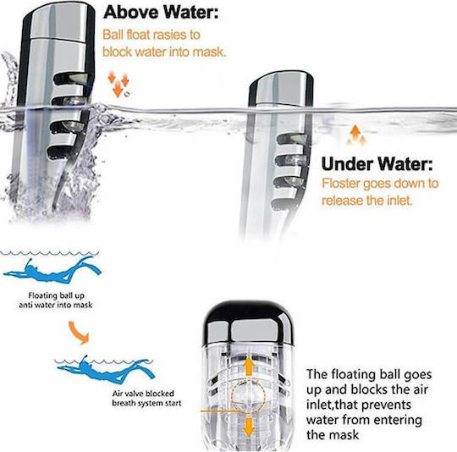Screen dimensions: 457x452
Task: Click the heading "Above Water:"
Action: pyautogui.click(x=161, y=12)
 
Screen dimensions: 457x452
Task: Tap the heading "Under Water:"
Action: pyautogui.click(x=377, y=163)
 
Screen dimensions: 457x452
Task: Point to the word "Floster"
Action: pyautogui.click(x=341, y=184)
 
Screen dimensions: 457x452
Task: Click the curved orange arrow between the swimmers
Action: pyautogui.click(x=78, y=333)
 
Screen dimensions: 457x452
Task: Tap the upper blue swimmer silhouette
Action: pyautogui.click(x=52, y=270)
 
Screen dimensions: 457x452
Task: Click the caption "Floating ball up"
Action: pyautogui.click(x=56, y=295)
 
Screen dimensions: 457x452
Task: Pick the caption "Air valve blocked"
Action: pyautogui.click(x=143, y=394)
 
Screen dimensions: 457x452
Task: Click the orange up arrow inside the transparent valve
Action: pyautogui.click(x=249, y=367)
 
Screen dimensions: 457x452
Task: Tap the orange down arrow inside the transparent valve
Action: pyautogui.click(x=249, y=427)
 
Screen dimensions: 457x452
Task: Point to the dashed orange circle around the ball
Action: pyautogui.click(x=231, y=396)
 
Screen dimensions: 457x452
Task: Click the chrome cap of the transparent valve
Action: pyautogui.click(x=248, y=322)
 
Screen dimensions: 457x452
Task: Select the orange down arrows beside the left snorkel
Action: pyautogui.click(x=118, y=83)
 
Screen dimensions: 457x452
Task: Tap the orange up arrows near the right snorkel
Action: pyautogui.click(x=356, y=135)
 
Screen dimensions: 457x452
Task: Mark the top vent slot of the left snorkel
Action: pyautogui.click(x=71, y=80)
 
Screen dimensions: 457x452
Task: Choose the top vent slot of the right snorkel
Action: pyautogui.click(x=292, y=139)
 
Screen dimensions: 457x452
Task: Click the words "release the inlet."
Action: pyautogui.click(x=367, y=201)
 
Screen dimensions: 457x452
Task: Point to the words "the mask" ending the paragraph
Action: pyautogui.click(x=333, y=435)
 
